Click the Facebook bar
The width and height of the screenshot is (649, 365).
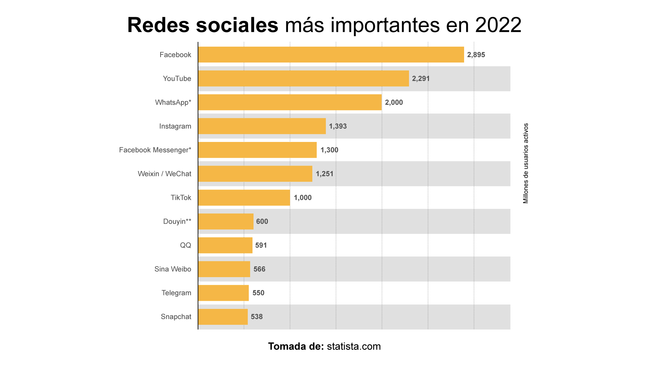click(331, 55)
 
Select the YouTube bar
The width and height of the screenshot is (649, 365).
click(303, 78)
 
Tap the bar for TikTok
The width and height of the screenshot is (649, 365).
click(244, 198)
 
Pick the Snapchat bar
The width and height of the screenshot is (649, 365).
click(223, 317)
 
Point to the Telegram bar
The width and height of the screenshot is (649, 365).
click(223, 293)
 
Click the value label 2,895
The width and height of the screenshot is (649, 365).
click(476, 55)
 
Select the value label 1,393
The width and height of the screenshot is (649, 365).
click(338, 126)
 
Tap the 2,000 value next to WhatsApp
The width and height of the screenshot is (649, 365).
click(394, 102)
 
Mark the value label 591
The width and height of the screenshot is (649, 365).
click(261, 245)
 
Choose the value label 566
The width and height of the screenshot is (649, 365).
click(259, 269)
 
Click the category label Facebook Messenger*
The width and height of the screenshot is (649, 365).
click(155, 150)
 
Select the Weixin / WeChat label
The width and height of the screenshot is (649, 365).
click(164, 174)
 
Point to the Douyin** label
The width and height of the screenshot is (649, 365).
click(177, 221)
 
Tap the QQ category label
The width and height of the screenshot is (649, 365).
click(186, 245)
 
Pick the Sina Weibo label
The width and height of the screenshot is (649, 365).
click(173, 269)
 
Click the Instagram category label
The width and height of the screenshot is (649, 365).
click(175, 126)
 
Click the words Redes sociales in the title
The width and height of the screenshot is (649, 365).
click(202, 25)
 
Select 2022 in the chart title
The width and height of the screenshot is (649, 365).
click(498, 25)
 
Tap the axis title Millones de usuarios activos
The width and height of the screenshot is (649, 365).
click(526, 163)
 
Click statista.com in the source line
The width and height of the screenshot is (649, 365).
click(354, 346)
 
